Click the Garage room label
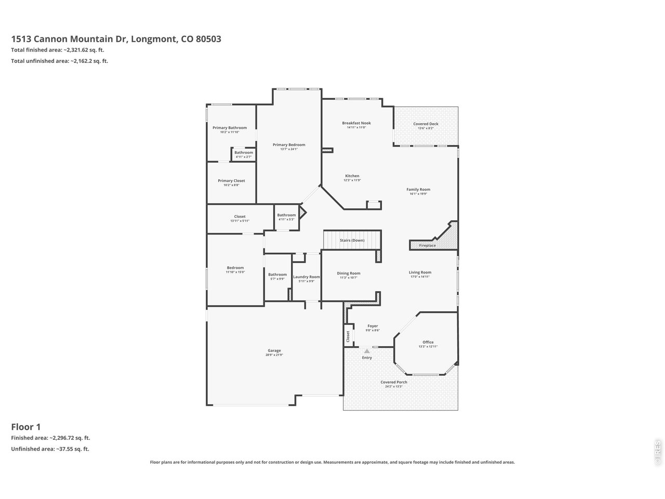point(274,350)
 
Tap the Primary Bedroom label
point(289,145)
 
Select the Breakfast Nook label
point(356,123)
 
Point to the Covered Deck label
point(425,124)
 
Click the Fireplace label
point(428,245)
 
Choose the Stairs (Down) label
point(352,240)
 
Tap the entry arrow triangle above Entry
point(367,351)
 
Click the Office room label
point(428,342)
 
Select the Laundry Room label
point(307,277)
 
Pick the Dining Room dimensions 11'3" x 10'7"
point(349,278)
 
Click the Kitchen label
point(352,176)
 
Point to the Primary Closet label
point(231,181)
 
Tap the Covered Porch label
point(394,382)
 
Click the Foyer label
point(373,326)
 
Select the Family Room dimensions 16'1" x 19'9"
point(418,194)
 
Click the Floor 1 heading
point(26,427)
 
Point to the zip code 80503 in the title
point(208,39)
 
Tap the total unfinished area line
point(60,61)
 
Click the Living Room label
point(420,272)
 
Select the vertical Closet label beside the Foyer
point(348,336)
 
